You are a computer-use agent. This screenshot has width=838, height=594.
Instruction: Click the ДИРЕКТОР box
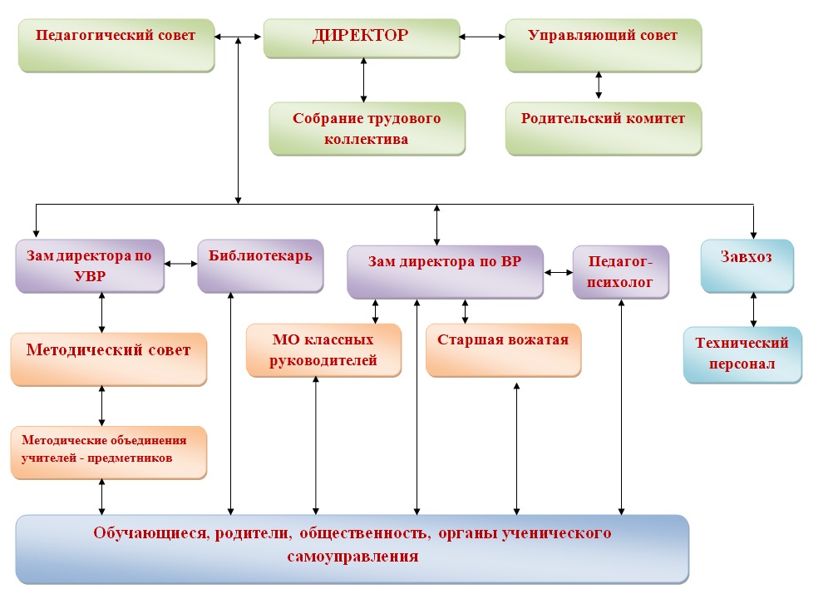[x=362, y=38]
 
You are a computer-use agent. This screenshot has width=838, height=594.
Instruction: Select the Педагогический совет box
[x=116, y=46]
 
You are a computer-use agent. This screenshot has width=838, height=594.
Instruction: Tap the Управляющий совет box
[x=604, y=46]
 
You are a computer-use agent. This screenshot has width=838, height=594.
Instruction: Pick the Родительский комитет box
[x=604, y=129]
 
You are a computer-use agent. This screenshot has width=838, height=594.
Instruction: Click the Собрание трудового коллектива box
[x=367, y=129]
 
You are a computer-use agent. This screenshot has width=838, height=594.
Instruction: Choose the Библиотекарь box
[x=260, y=266]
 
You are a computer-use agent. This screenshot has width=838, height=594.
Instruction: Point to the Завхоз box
[x=747, y=266]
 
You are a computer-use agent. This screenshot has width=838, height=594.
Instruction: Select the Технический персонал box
[x=743, y=355]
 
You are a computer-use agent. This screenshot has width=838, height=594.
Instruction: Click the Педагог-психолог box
[x=621, y=272]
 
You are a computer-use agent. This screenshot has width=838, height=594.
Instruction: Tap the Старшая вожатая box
[x=504, y=350]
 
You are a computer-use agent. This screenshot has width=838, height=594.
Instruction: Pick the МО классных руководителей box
[x=324, y=350]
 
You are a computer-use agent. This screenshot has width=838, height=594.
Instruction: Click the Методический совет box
[x=108, y=359]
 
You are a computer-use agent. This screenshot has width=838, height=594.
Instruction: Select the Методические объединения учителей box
[x=108, y=453]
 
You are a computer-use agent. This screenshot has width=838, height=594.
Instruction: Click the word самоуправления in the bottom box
[x=352, y=557]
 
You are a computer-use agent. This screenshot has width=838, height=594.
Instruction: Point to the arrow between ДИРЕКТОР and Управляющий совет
[x=482, y=37]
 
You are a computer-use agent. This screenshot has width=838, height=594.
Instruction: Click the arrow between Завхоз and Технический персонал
[x=753, y=309]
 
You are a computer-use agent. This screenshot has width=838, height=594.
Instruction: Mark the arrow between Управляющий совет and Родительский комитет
[x=599, y=86]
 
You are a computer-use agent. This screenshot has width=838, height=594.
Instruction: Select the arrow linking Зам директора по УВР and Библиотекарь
[x=180, y=264]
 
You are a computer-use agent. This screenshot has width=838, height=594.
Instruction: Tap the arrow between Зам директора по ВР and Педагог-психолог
[x=559, y=273]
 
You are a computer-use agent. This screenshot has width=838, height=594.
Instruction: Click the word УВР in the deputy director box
[x=90, y=276]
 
